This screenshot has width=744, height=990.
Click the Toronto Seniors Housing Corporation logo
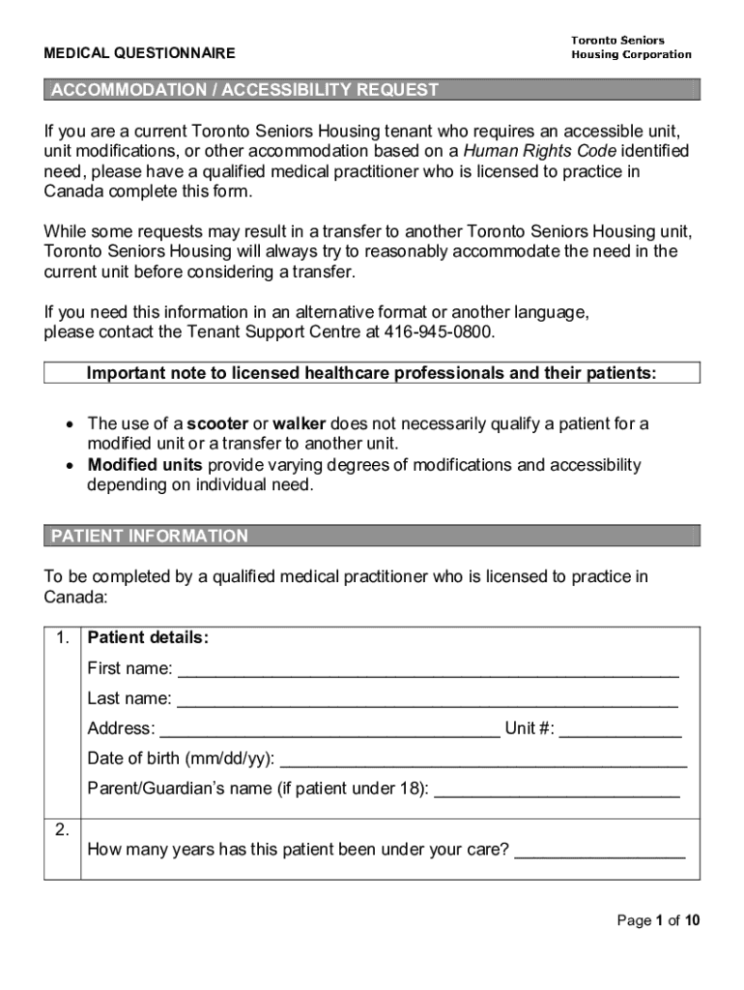[630, 47]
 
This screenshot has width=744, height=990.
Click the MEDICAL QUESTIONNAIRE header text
[139, 53]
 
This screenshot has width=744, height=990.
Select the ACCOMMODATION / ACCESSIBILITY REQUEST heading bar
[372, 91]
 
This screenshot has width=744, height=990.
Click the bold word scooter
[217, 424]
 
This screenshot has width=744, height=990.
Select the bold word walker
[300, 424]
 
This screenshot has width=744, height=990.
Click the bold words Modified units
[145, 465]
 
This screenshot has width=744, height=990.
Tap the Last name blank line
[428, 700]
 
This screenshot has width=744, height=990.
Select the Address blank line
[329, 730]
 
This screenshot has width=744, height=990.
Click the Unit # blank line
[620, 730]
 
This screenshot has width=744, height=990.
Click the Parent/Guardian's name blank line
[557, 790]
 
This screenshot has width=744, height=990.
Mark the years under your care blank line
[599, 852]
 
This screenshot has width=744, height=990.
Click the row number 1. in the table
[63, 638]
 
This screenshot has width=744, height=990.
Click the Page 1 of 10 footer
[658, 920]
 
